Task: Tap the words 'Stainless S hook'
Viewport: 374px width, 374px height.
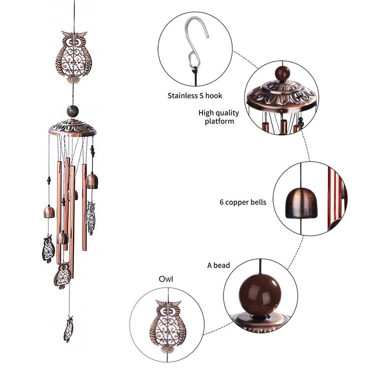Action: [194, 96]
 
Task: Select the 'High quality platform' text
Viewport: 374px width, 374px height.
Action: [219, 117]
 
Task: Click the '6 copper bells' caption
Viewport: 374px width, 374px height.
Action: [243, 202]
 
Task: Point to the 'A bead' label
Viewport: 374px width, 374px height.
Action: [218, 265]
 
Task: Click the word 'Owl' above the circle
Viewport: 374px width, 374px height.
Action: [166, 279]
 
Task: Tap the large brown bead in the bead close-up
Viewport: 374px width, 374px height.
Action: [260, 295]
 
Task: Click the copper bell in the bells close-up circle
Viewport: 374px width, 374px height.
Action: [301, 203]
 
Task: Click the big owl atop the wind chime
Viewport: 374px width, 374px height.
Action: [74, 57]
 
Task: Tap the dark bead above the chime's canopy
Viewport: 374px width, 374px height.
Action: [72, 111]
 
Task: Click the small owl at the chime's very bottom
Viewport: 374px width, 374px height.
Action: [68, 329]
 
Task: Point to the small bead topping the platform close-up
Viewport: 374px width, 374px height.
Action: [283, 73]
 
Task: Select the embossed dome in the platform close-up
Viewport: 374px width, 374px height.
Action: [282, 94]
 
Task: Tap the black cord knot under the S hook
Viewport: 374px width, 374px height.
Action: [195, 72]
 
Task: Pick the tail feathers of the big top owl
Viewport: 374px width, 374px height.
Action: [73, 80]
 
